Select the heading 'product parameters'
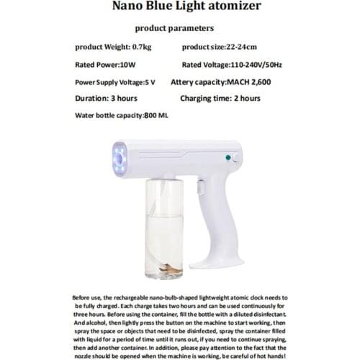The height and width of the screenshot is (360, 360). coord(174,29)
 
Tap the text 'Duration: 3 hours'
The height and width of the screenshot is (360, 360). coord(107,99)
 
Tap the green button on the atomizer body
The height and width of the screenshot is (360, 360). coord(228,156)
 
